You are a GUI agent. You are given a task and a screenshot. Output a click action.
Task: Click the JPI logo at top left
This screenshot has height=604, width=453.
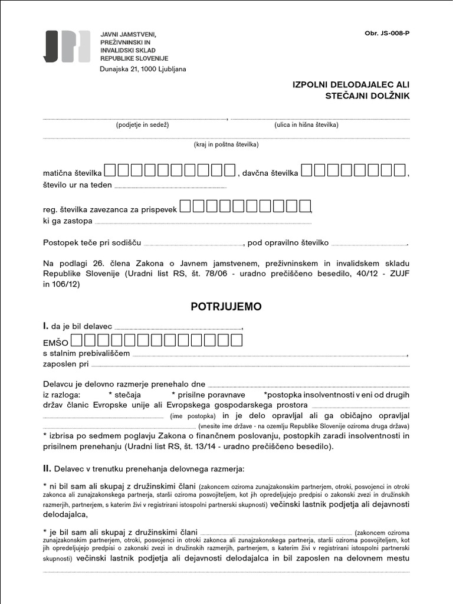click(67, 46)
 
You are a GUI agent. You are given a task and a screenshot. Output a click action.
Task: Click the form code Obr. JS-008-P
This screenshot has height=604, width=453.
click(387, 33)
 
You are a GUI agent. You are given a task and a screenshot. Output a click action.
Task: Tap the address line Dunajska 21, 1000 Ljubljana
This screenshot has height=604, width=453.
click(143, 69)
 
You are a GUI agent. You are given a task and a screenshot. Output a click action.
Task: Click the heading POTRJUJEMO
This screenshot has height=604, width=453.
click(226, 307)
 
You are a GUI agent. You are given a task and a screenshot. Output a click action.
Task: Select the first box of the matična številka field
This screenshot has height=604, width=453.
click(110, 170)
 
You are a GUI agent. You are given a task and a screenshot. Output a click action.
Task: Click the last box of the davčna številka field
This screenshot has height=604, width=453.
click(399, 170)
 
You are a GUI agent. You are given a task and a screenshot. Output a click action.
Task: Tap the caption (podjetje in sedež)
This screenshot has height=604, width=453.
click(143, 125)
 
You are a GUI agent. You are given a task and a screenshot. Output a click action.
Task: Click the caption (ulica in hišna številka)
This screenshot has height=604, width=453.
click(306, 125)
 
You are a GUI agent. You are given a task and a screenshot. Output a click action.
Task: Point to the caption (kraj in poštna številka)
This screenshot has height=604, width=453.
click(226, 145)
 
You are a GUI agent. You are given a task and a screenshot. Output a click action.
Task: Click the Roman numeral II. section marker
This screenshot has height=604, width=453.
click(47, 469)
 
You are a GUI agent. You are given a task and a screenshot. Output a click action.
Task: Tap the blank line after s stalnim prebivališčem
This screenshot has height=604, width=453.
click(269, 354)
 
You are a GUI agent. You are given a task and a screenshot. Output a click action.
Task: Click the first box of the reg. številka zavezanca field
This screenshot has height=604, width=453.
click(185, 206)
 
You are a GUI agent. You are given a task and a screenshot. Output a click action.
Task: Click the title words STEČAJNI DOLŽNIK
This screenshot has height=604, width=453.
click(367, 96)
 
